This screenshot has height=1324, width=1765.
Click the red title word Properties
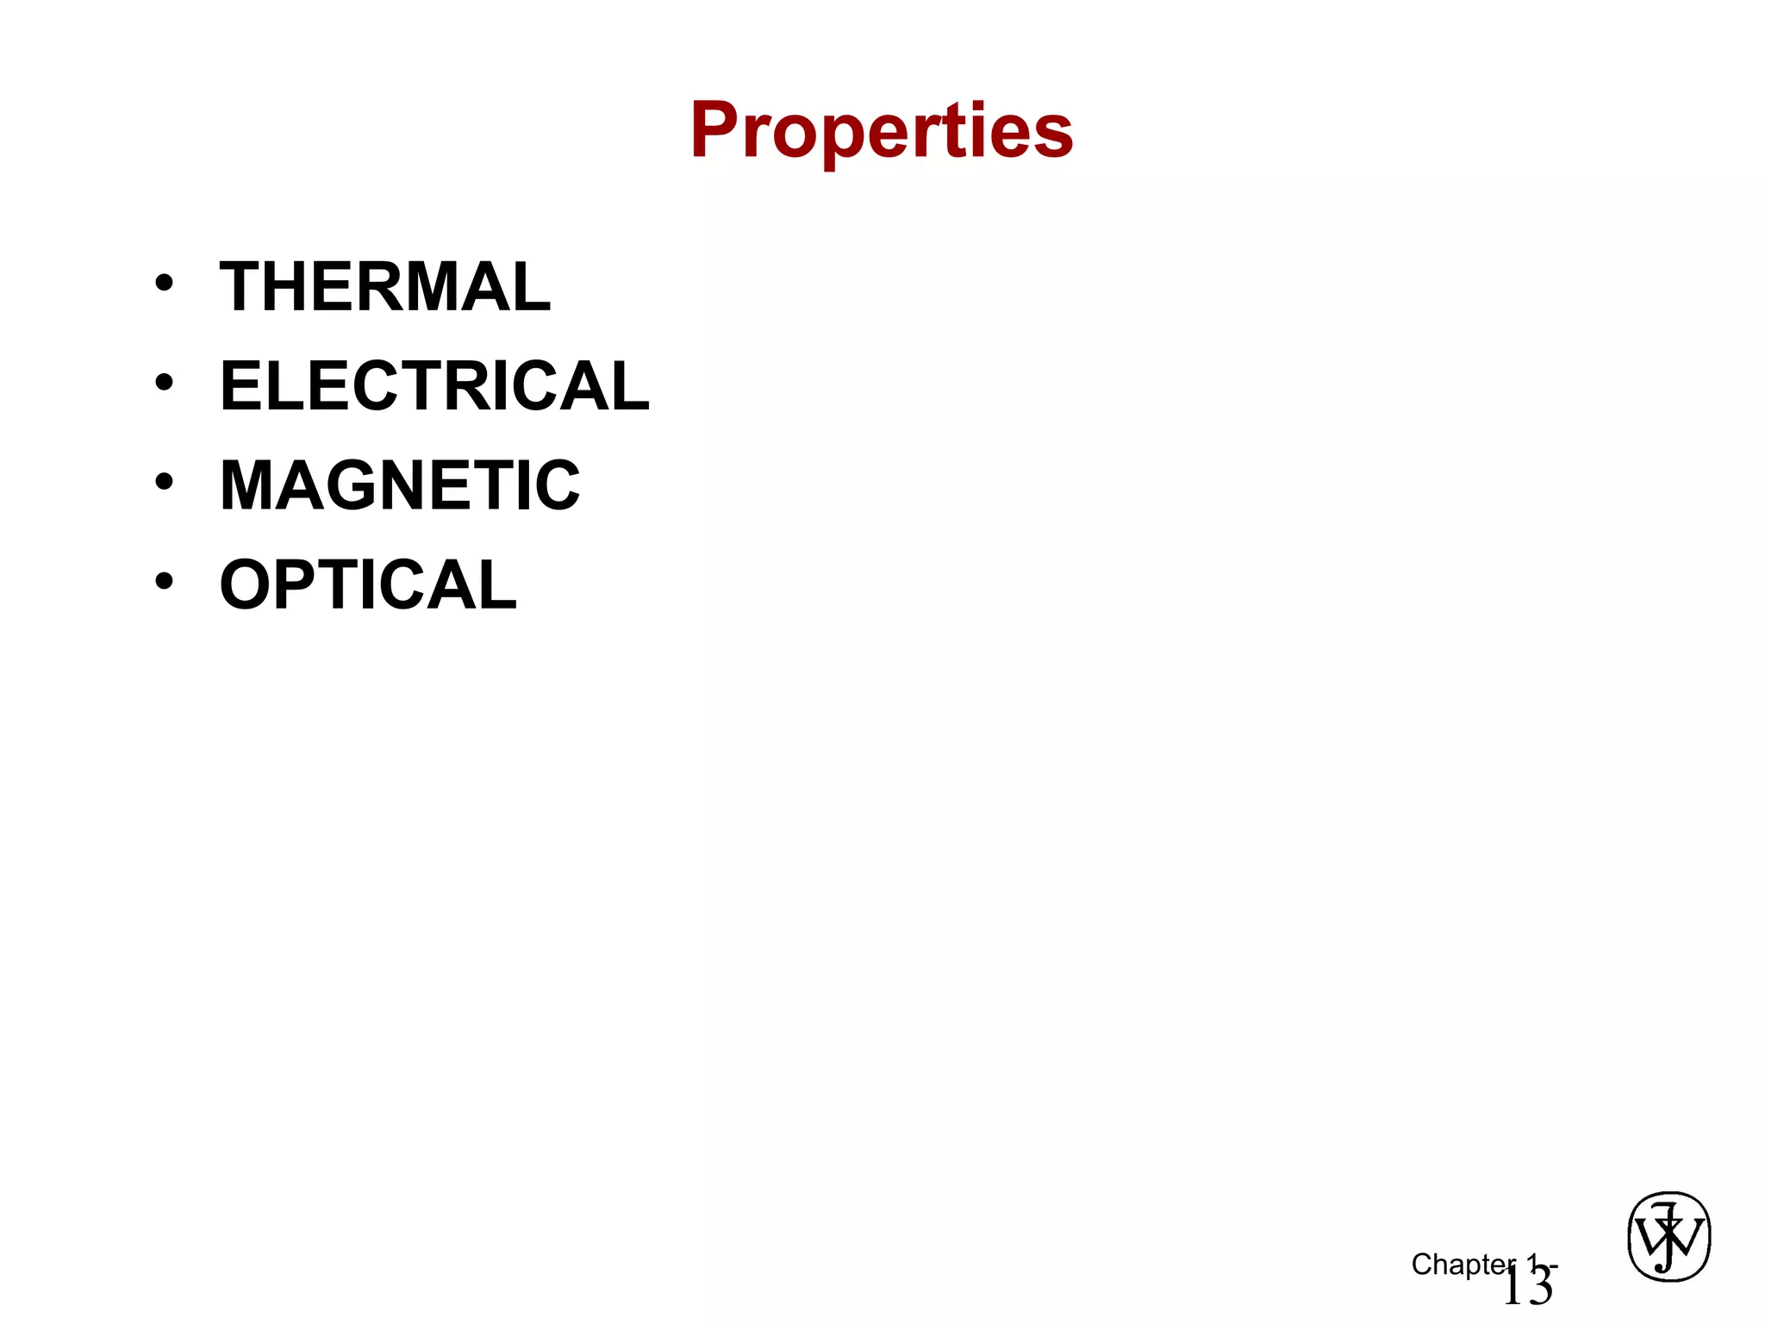pos(881,130)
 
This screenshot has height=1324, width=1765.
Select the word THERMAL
pos(384,287)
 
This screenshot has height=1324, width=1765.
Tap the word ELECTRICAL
pos(434,386)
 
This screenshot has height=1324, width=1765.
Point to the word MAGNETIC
pos(400,485)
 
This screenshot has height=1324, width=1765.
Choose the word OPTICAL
pos(368,585)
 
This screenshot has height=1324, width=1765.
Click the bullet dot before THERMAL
pos(164,283)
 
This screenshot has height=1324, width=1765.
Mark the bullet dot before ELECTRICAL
pos(164,382)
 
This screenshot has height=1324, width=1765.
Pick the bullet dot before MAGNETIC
pos(164,481)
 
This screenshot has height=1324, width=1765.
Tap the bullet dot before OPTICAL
pos(164,581)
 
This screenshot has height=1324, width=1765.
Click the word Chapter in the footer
pos(1463,1265)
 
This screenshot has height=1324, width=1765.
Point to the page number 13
pos(1527,1287)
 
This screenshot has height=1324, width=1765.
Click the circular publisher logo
pos(1668,1237)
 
